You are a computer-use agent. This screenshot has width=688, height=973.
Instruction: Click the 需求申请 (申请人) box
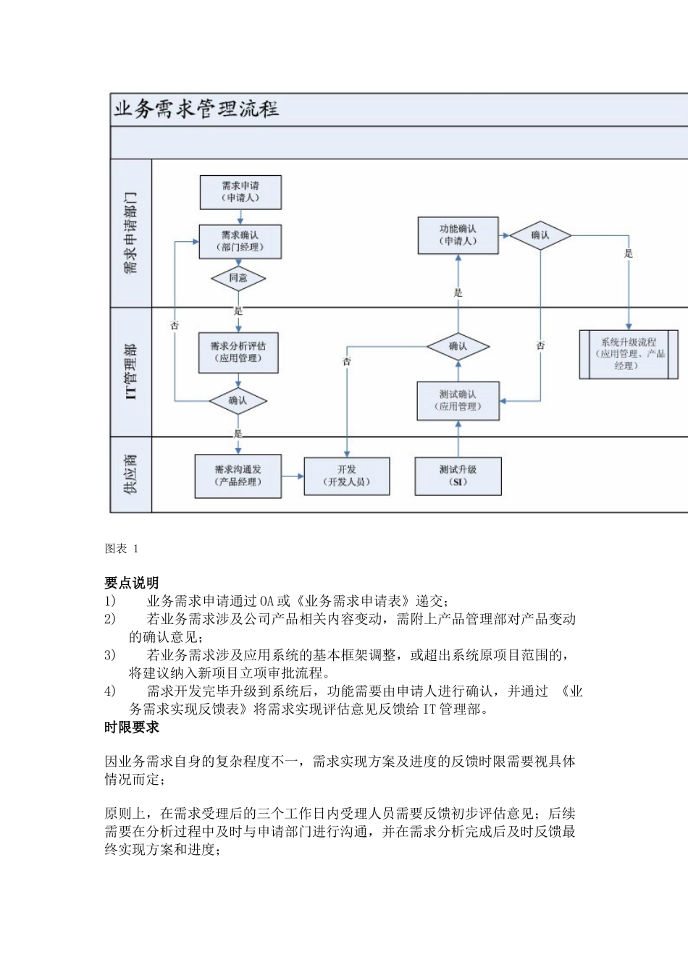click(240, 192)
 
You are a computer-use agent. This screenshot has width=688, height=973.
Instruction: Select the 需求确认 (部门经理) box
click(240, 241)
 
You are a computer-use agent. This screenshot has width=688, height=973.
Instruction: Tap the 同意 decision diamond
click(238, 278)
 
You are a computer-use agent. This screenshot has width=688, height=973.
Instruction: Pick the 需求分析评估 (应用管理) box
click(238, 353)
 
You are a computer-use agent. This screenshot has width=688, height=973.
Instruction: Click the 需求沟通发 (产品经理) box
click(238, 476)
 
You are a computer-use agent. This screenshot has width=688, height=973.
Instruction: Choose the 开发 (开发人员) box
click(347, 476)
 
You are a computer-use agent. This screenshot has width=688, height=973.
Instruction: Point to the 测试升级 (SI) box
click(458, 476)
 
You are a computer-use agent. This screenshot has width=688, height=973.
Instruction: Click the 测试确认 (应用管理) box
click(458, 400)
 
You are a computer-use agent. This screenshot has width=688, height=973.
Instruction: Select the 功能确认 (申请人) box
click(458, 235)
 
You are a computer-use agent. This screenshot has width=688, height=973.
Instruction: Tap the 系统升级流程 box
click(629, 354)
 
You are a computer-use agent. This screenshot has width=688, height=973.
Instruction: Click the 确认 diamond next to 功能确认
click(540, 235)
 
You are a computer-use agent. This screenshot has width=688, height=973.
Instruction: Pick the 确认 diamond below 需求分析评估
click(238, 400)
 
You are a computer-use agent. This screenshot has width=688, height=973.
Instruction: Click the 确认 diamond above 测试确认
click(458, 347)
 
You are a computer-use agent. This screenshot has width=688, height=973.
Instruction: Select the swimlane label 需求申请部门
click(130, 233)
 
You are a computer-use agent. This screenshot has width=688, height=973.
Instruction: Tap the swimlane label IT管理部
click(130, 371)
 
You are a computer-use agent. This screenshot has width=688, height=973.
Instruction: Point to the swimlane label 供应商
click(130, 474)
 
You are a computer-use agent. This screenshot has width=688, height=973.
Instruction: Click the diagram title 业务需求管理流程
click(196, 109)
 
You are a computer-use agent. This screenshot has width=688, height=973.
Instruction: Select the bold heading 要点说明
click(131, 583)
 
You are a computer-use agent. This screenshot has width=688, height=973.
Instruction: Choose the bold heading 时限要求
click(131, 728)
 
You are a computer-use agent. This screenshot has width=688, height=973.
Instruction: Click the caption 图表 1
click(121, 549)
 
